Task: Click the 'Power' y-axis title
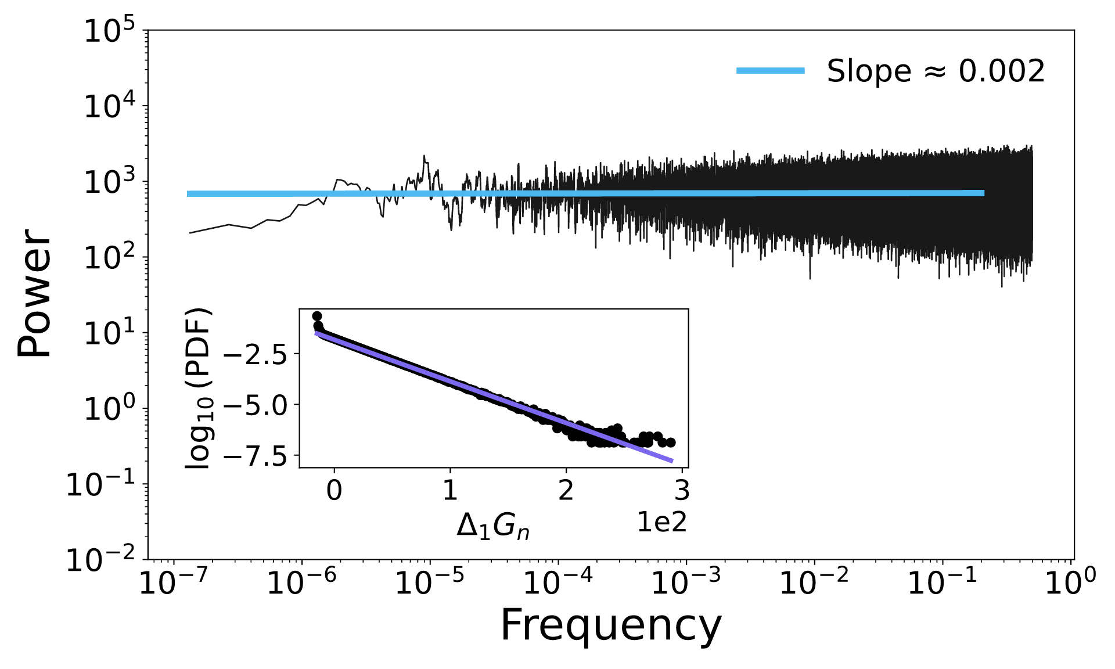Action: point(34,293)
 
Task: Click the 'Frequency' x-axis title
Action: point(610,626)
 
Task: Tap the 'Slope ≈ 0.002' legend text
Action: point(936,71)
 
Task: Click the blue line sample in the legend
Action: point(770,71)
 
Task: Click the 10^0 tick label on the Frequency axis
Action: point(1070,582)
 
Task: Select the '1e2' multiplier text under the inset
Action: point(661,523)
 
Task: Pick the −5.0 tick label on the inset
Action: point(256,405)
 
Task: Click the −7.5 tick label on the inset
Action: point(256,457)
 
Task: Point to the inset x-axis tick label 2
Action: point(566,491)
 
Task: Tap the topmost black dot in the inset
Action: point(317,316)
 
